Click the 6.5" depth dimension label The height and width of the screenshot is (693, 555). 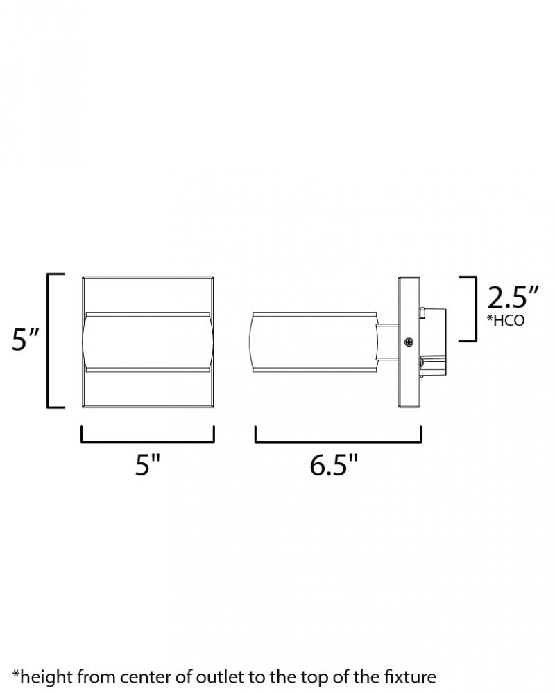coord(333,465)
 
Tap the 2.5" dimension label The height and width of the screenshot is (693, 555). coord(513,297)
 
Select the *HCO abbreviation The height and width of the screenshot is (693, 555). coord(506,320)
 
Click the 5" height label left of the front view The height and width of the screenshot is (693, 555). coord(26,340)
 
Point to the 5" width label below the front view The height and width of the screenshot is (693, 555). coord(147,465)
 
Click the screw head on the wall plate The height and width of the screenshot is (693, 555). coord(409,342)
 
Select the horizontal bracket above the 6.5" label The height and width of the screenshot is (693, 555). coord(338,441)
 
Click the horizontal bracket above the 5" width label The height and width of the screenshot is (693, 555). coord(148,441)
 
